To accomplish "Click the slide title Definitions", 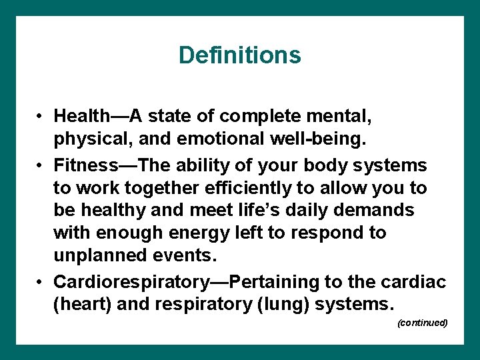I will click(x=239, y=55).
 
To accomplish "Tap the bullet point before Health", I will click(x=41, y=117).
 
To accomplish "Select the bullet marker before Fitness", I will click(x=41, y=164).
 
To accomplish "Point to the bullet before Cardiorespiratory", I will click(x=41, y=282).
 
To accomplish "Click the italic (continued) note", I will click(x=421, y=323).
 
